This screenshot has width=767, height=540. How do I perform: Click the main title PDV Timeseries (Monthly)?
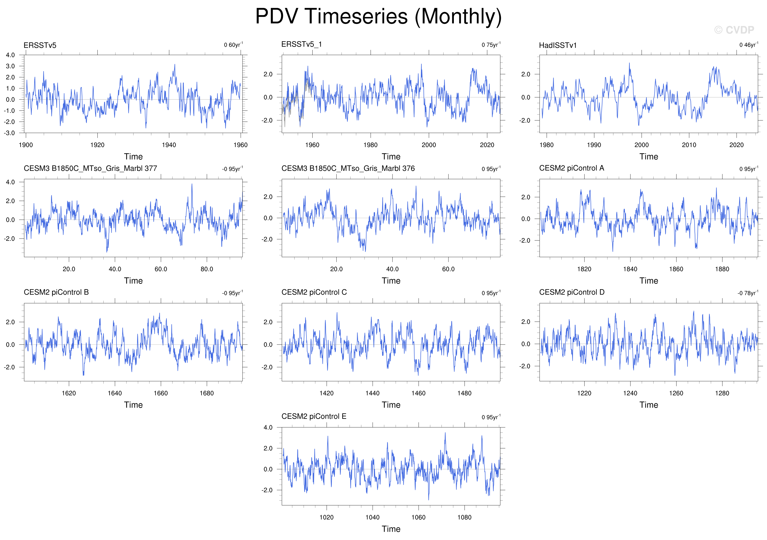click(x=379, y=16)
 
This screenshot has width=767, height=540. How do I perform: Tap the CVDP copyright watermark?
click(x=734, y=30)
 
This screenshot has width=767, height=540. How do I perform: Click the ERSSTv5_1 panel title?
click(x=301, y=44)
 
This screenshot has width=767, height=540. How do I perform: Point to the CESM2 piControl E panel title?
click(x=314, y=416)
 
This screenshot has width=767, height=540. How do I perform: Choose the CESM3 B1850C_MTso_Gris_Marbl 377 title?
click(x=90, y=168)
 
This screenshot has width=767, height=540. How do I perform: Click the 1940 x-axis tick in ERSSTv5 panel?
click(x=169, y=145)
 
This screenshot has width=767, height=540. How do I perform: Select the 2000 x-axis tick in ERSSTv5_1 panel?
click(x=429, y=145)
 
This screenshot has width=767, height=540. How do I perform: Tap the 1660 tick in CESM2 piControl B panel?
click(x=161, y=393)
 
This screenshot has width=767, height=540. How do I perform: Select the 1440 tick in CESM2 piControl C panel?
click(x=372, y=393)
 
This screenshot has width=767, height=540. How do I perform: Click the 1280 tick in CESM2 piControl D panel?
click(x=722, y=393)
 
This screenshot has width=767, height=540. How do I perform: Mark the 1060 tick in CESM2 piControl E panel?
click(x=418, y=518)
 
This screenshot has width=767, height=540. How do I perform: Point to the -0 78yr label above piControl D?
click(x=748, y=293)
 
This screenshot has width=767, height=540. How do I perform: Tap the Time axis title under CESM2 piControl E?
click(x=391, y=529)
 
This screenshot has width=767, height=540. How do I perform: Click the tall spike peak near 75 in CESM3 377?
click(x=192, y=184)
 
